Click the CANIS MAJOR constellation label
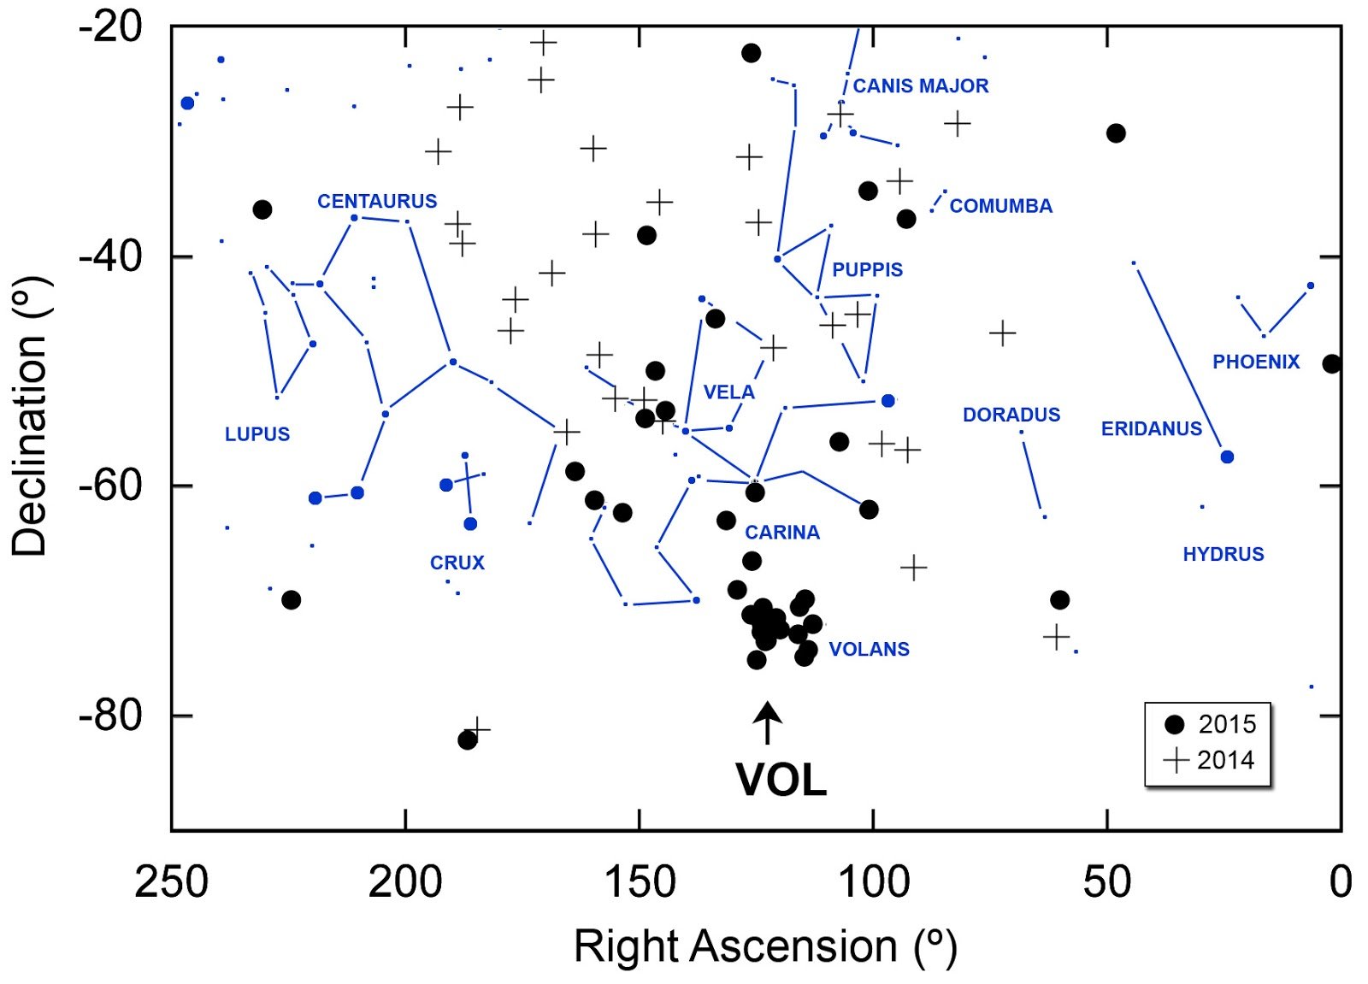[x=920, y=86]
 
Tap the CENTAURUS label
[x=377, y=201]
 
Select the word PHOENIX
[x=1256, y=362]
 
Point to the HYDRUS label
[x=1224, y=554]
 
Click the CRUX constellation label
[x=457, y=563]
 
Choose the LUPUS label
[x=257, y=434]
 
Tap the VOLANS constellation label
[x=869, y=649]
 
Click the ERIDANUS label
[x=1151, y=429]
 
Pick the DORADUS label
[x=1011, y=415]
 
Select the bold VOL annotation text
[x=781, y=780]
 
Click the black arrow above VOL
[x=767, y=722]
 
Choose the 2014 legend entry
[x=1209, y=761]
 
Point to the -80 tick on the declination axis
[x=110, y=715]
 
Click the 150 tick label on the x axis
[x=640, y=883]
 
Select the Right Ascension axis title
[x=766, y=946]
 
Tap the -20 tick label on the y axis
[x=110, y=27]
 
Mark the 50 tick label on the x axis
[x=1107, y=883]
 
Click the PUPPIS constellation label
[x=867, y=270]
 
